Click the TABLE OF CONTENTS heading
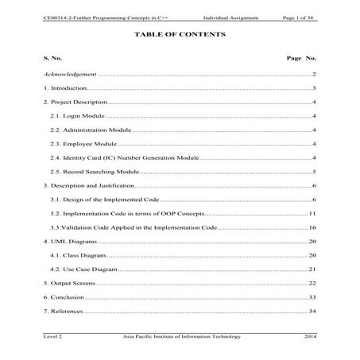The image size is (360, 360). tap(180, 35)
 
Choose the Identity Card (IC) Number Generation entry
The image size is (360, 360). tap(123, 157)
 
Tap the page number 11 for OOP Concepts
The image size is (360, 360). tap(313, 214)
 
